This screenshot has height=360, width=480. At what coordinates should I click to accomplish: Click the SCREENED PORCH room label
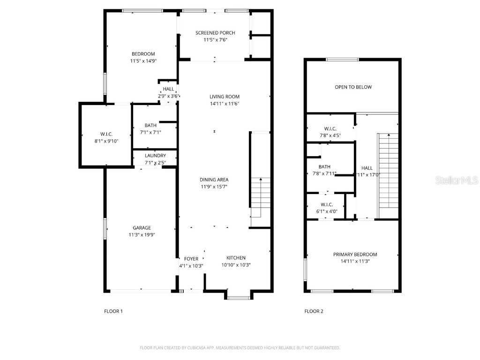[215, 33]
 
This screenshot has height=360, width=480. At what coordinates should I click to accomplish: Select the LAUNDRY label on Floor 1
[155, 156]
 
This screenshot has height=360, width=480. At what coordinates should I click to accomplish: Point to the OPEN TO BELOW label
[353, 87]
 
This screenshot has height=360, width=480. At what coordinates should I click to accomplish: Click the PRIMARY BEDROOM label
[355, 255]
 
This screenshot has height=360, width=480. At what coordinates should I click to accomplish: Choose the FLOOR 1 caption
[113, 311]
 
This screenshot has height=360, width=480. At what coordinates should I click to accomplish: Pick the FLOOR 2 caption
[314, 311]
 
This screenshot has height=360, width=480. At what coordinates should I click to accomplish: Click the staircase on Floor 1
[261, 197]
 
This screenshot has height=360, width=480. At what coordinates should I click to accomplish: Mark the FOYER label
[191, 259]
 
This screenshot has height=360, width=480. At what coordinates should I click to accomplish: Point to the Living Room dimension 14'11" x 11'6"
[225, 104]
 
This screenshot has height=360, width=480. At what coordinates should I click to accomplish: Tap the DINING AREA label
[214, 180]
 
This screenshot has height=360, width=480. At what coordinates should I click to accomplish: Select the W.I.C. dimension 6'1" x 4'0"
[327, 211]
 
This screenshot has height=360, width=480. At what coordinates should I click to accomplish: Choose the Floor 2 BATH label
[324, 167]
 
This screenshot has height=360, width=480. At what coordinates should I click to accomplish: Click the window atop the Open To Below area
[342, 60]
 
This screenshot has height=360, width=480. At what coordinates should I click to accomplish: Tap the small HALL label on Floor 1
[168, 89]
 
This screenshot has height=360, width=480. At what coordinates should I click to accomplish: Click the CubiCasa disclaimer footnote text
[240, 348]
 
